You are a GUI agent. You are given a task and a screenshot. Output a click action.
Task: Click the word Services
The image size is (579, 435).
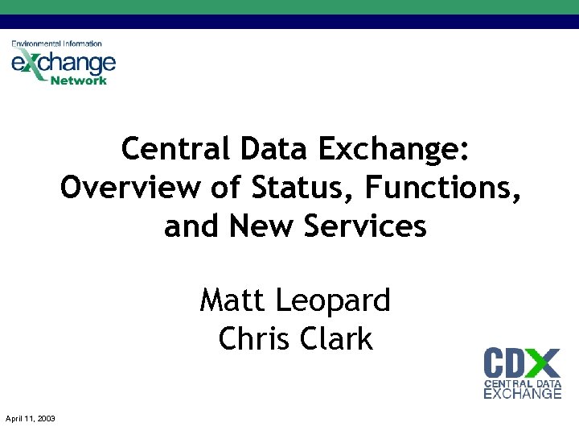[x=365, y=226]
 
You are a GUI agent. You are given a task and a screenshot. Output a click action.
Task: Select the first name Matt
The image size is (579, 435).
[x=233, y=301]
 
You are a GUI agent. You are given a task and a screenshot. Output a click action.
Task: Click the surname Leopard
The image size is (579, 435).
[x=332, y=301]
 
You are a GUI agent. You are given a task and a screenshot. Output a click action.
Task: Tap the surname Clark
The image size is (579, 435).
[x=338, y=339]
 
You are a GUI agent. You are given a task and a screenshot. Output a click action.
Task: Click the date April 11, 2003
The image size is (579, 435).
[x=30, y=418]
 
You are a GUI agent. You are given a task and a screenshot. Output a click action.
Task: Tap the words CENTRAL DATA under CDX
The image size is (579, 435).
[x=522, y=383]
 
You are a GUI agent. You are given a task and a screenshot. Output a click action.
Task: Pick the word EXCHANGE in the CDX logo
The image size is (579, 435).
[x=522, y=394]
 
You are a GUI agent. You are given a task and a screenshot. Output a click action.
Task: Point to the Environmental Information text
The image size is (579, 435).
[x=56, y=43]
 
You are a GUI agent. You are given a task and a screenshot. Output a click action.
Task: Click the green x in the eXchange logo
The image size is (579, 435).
[x=30, y=62]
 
